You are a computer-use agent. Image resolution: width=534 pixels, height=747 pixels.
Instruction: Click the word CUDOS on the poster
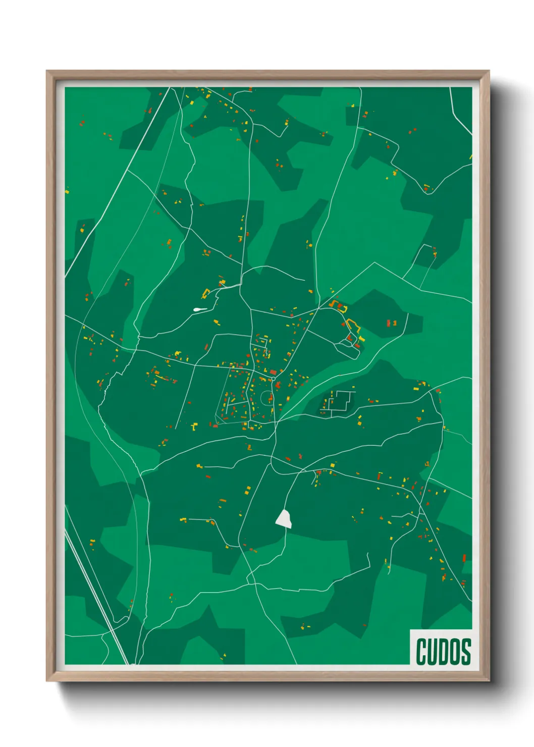pos(443,652)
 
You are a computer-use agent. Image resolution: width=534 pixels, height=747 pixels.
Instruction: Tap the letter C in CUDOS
pos(421,652)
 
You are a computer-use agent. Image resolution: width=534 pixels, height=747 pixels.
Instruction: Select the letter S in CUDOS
pos(466,652)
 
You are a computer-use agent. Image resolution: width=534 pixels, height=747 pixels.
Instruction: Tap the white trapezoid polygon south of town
pos(284,519)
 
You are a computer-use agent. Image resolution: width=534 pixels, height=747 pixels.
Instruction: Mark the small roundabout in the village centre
pos(273,378)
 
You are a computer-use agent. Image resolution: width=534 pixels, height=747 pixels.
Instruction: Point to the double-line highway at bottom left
pos(96,596)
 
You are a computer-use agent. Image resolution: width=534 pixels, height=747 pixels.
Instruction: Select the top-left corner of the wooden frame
pos(47,72)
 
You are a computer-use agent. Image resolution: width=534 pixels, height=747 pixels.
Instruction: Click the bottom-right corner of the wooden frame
pos(489,680)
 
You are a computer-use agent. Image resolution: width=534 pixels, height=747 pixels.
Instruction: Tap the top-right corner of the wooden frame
pos(489,72)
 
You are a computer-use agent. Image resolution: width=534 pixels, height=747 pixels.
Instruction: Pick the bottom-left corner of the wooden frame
pos(47,680)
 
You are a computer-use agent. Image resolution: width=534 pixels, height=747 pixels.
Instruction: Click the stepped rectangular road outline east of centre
pos(339,402)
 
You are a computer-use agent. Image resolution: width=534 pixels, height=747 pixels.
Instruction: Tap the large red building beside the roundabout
pos(273,372)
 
